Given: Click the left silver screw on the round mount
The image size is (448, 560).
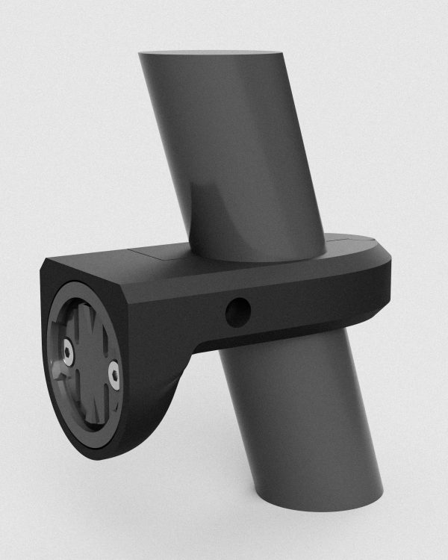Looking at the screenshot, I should click(68, 353).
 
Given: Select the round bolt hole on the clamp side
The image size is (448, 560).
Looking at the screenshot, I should click(237, 312).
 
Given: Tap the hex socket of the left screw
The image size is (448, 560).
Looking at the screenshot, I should click(68, 353).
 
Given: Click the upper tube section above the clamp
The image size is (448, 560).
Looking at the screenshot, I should click(239, 149).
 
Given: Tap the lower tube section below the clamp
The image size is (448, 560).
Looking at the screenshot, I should click(299, 418).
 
